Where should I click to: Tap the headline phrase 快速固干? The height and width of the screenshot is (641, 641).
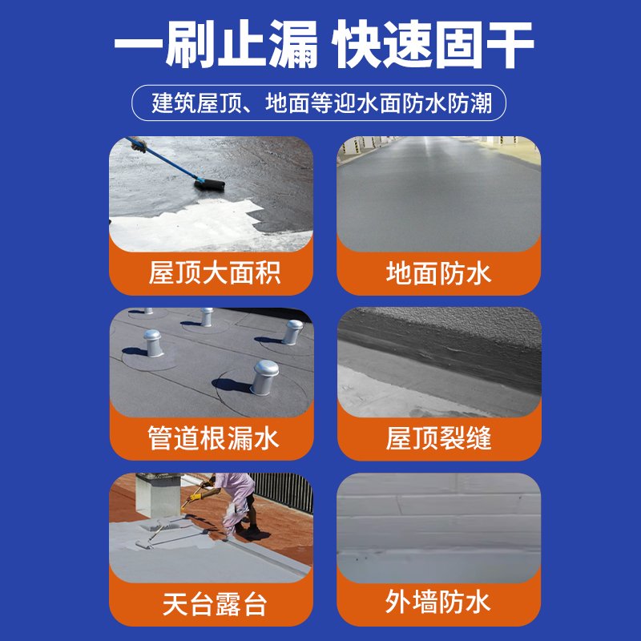(x=433, y=46)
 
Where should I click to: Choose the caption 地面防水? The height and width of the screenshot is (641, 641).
(x=438, y=273)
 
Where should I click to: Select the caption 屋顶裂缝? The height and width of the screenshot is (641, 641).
(x=438, y=437)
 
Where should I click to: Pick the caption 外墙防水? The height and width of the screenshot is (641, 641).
(x=438, y=602)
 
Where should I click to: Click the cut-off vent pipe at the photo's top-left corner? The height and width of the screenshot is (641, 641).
(x=147, y=311)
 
